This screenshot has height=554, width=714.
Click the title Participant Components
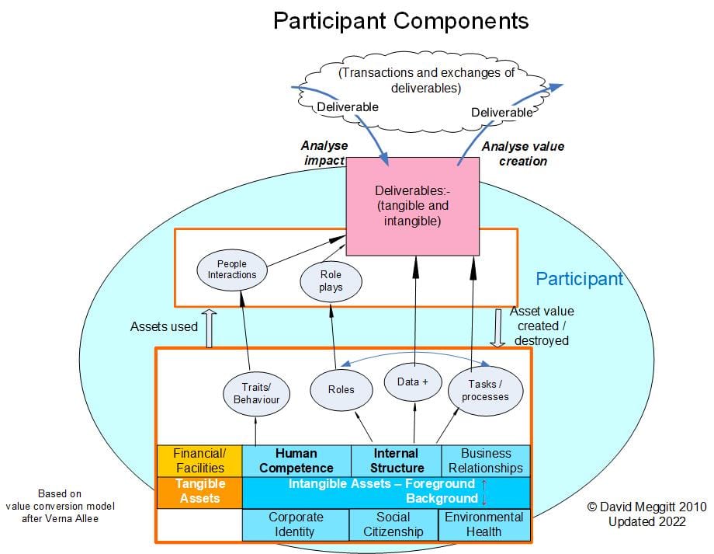point(400,21)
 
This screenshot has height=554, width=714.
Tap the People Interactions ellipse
point(232,269)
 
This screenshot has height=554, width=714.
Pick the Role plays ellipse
point(331,280)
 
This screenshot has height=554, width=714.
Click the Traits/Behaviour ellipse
point(256,393)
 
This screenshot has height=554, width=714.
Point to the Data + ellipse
point(413,382)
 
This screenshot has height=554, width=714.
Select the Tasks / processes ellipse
point(485,390)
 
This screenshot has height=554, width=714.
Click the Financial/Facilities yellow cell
point(199,461)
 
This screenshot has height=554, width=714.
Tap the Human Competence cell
point(296,461)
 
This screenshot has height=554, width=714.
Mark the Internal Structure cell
point(396,461)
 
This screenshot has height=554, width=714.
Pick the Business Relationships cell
point(486,461)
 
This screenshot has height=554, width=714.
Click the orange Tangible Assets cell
point(199,492)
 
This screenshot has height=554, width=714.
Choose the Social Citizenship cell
point(394,524)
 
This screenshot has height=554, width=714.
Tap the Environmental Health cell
point(486,524)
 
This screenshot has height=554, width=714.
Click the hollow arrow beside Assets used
point(207,327)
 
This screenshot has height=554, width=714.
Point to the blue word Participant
point(579,279)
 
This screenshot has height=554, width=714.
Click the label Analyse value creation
point(523,154)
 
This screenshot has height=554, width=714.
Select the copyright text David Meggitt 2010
point(646,507)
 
